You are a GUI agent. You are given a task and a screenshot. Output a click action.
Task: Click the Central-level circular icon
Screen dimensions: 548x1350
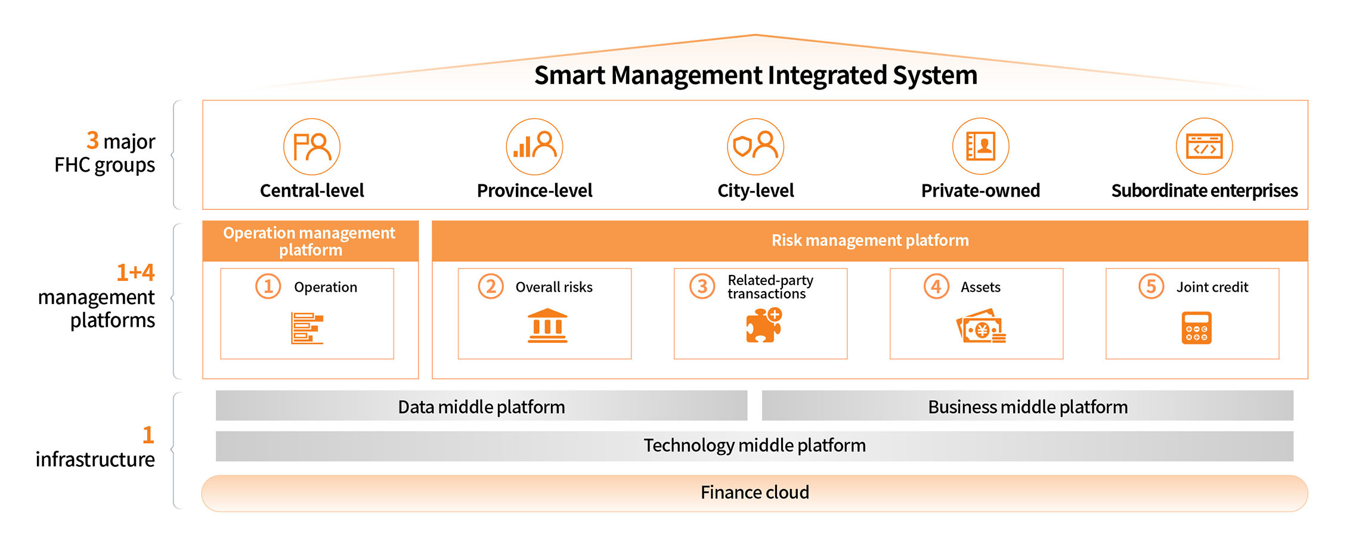(312, 147)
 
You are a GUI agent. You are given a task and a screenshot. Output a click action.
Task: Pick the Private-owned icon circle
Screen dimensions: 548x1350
(980, 147)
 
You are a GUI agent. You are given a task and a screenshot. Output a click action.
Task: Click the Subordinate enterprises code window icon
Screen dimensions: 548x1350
(1204, 147)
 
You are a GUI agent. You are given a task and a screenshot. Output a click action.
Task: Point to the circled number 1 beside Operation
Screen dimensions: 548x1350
(268, 287)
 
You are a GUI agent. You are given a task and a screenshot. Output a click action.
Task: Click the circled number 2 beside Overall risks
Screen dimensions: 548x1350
(491, 287)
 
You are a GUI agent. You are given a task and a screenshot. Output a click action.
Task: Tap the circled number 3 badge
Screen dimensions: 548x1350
(702, 287)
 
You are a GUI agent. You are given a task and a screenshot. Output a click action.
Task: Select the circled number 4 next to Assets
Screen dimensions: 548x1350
(936, 287)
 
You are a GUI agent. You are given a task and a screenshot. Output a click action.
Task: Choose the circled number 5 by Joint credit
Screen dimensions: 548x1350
(1151, 287)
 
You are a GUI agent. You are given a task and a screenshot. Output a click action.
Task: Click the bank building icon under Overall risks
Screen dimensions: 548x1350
(547, 326)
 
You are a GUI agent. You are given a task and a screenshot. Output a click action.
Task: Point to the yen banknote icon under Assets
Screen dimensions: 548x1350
(981, 327)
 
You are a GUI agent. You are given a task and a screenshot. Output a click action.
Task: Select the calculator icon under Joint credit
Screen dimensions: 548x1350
(1196, 327)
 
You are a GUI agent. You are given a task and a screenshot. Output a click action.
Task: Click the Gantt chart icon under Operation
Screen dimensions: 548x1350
(307, 328)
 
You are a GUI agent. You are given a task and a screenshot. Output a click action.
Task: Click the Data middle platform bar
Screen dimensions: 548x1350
(481, 407)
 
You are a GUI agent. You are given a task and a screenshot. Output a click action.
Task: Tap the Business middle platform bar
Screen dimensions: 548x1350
(1027, 407)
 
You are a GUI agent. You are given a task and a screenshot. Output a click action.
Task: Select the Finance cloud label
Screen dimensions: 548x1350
(754, 493)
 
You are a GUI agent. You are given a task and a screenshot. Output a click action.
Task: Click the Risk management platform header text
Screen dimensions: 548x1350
(869, 240)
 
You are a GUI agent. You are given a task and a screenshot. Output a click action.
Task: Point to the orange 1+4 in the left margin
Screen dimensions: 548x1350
(135, 273)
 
